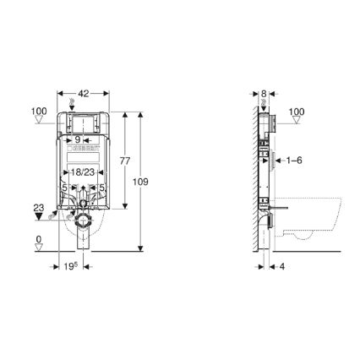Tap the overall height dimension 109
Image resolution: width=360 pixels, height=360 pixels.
(x=150, y=180)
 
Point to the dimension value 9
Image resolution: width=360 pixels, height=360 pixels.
(x=77, y=139)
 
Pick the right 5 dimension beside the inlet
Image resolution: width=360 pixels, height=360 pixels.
(x=101, y=188)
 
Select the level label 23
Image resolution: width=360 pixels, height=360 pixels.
(x=38, y=205)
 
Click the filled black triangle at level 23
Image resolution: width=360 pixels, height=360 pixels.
(x=38, y=216)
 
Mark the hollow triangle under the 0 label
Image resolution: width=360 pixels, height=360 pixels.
(x=38, y=251)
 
